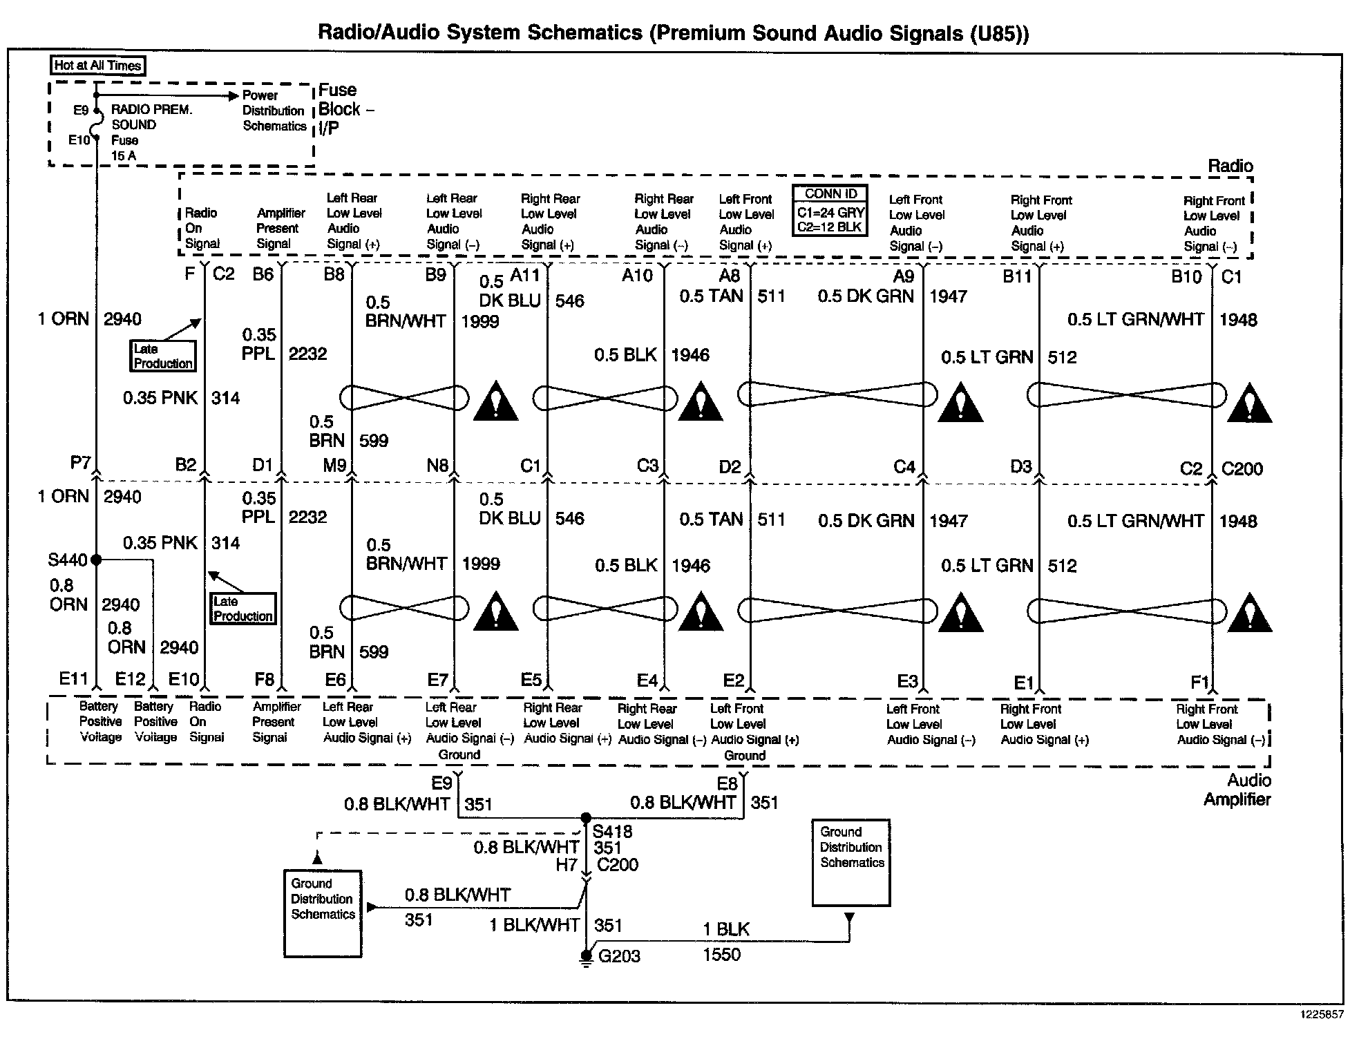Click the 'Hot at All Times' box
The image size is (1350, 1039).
pos(98,66)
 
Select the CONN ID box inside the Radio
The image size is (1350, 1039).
pos(830,210)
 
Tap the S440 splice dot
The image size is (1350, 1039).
pos(96,560)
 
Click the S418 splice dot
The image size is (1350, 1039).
pos(586,817)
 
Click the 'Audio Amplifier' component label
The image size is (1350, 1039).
pos(1237,790)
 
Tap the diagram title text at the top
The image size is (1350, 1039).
pos(673,33)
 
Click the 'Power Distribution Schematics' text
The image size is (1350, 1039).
pos(274,111)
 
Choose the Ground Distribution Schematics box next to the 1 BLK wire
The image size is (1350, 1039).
pos(851,862)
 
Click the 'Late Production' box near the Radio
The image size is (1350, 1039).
pos(163,356)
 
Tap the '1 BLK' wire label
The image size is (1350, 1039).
pos(725,929)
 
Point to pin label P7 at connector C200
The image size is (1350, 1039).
pos(80,463)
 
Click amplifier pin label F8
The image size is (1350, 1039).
pos(264,680)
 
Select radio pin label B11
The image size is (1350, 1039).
pos(1017,277)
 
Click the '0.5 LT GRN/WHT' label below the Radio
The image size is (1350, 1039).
pos(1136,319)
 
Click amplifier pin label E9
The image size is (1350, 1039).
pos(441,783)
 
